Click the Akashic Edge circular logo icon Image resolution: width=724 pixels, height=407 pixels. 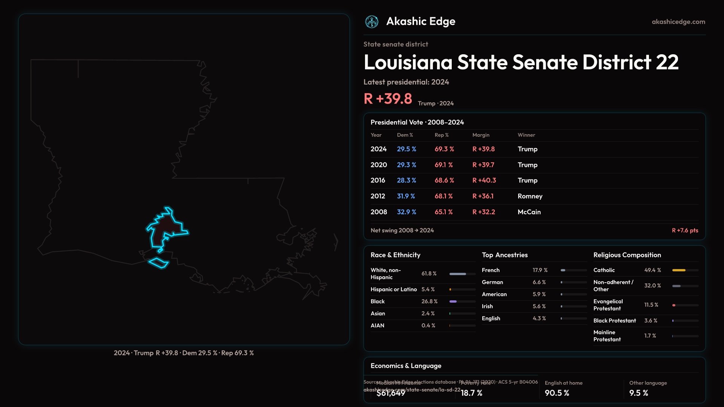point(372,22)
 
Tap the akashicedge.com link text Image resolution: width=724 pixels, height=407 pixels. point(678,22)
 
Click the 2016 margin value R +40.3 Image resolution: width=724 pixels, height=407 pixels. point(484,181)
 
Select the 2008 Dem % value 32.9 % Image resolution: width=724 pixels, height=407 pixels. point(406,212)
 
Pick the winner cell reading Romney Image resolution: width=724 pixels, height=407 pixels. point(530,196)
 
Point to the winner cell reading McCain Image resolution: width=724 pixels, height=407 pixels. point(529,212)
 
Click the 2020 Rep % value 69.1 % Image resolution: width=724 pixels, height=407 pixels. point(443,165)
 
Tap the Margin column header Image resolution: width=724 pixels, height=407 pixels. point(481,135)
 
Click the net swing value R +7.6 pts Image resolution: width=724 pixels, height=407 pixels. point(685,230)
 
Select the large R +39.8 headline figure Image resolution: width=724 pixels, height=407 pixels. point(388,99)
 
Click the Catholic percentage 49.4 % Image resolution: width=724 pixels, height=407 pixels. point(652,270)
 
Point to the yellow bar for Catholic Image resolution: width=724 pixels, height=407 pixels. point(679,270)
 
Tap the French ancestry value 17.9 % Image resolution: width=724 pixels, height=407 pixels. point(540,270)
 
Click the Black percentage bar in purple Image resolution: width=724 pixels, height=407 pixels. point(453,301)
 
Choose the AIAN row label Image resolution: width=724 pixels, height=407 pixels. point(377,326)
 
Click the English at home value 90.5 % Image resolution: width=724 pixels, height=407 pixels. point(557,393)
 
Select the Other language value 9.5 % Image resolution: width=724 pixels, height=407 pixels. point(638,393)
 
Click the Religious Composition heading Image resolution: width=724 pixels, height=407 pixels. point(627,255)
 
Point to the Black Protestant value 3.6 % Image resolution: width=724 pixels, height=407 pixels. point(650,321)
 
